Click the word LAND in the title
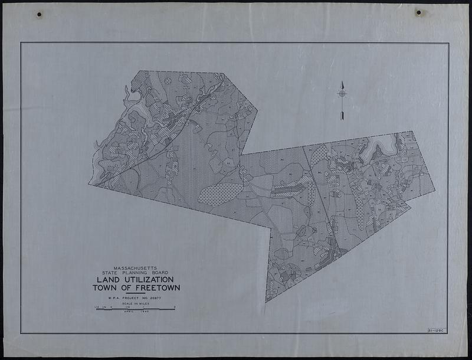tap(108, 280)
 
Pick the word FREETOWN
tap(155, 288)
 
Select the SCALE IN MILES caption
tap(136, 304)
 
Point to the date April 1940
tap(136, 312)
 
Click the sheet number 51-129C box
tap(437, 330)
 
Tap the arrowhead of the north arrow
tap(342, 84)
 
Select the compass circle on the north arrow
tap(342, 93)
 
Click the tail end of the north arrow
tap(342, 117)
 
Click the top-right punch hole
tap(418, 12)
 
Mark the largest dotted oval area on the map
tap(220, 194)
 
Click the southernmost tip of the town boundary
tap(266, 302)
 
